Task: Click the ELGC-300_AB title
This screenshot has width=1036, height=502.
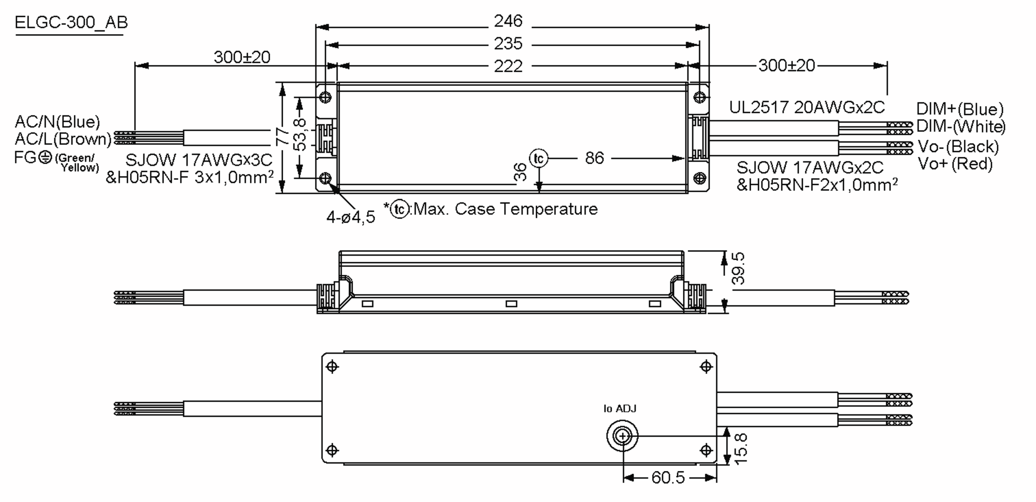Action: (x=71, y=22)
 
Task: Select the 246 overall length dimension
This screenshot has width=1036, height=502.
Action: (x=508, y=21)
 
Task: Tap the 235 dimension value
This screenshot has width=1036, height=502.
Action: (x=508, y=44)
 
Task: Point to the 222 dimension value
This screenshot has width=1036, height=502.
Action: (x=508, y=66)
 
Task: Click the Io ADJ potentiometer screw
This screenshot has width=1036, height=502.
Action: (x=622, y=436)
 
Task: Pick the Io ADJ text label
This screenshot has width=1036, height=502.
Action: (x=619, y=409)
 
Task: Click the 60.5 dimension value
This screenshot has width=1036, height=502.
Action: (x=668, y=477)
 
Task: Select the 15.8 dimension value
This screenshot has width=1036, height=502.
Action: (x=740, y=449)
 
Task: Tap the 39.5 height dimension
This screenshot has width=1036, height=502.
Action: (x=739, y=268)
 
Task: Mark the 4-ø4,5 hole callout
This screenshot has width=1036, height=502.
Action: (x=351, y=217)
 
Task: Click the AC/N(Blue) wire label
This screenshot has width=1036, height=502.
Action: (x=57, y=122)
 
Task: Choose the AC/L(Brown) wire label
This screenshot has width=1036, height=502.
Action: (x=63, y=139)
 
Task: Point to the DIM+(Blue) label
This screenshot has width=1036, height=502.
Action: (x=960, y=109)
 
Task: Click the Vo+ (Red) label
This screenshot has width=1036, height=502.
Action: (x=955, y=164)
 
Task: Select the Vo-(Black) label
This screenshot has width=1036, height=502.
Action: (x=958, y=146)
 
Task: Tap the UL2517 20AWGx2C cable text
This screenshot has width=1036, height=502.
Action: (x=806, y=107)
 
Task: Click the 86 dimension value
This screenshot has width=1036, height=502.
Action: (x=594, y=158)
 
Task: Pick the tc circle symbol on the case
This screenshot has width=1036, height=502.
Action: (x=538, y=159)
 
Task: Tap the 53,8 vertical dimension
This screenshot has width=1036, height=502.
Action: (x=300, y=135)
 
